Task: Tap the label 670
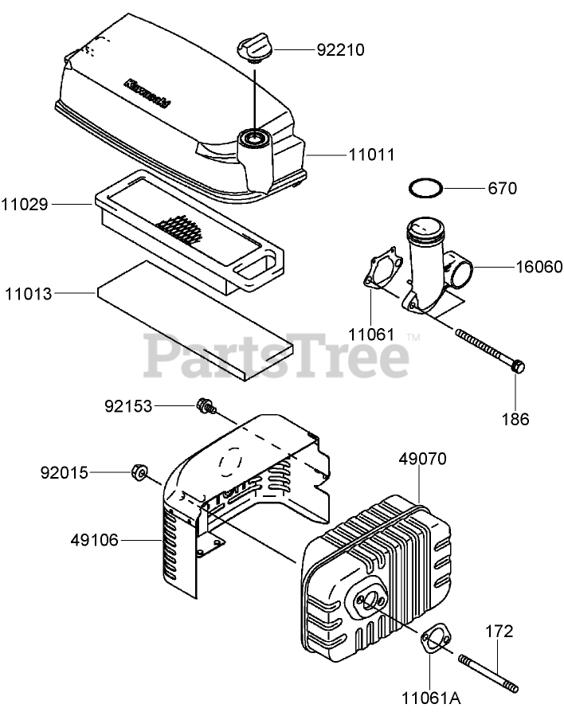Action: [502, 189]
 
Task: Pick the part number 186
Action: [515, 419]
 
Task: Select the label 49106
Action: [94, 541]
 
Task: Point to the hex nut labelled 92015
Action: [139, 474]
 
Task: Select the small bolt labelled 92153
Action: [206, 407]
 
